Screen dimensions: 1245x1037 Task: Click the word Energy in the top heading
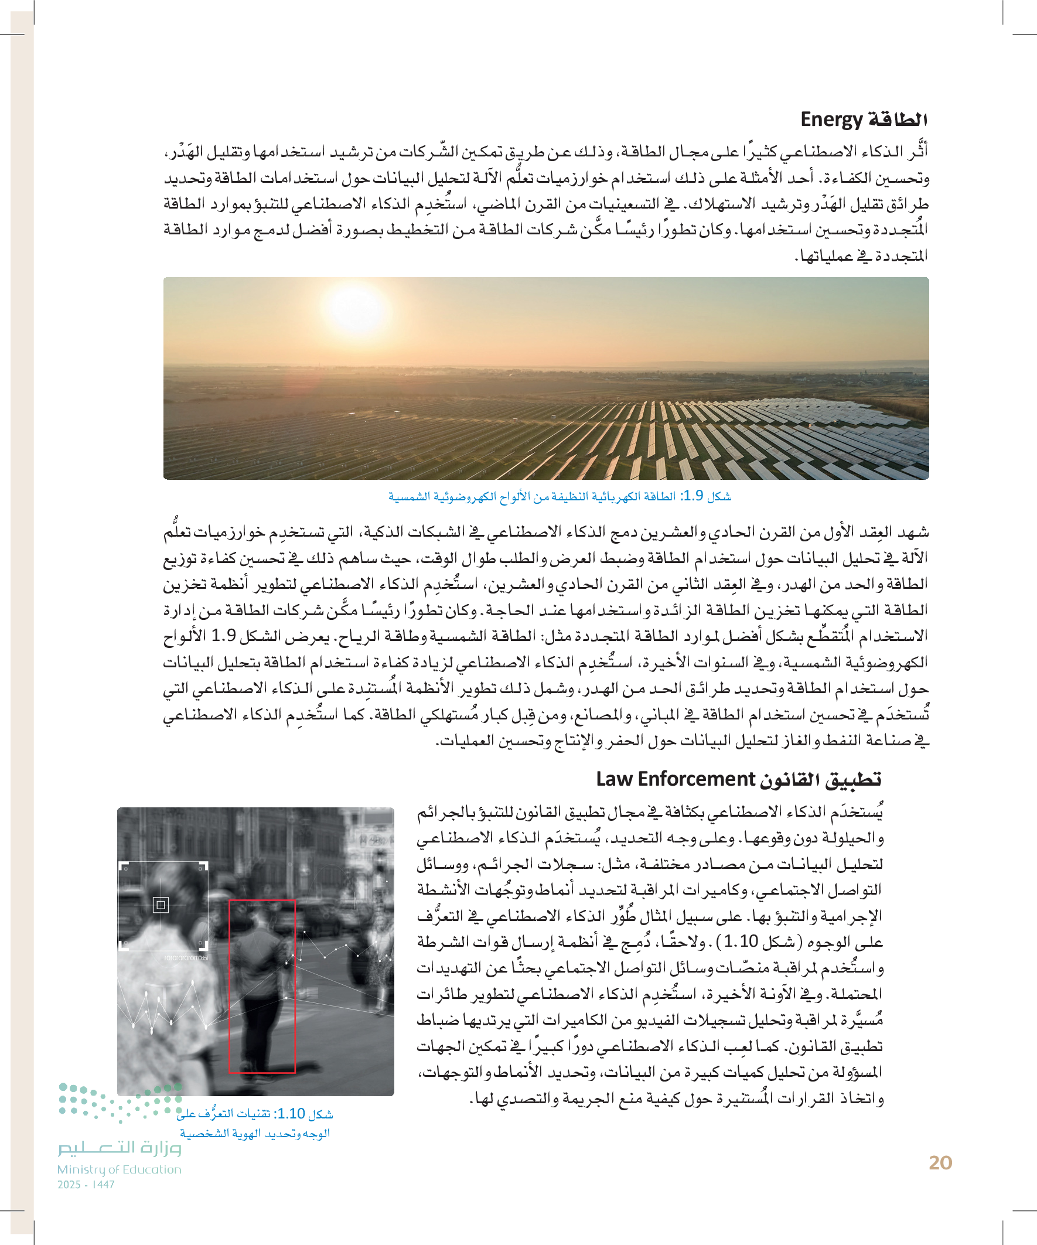point(831,119)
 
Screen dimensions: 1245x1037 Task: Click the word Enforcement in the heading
point(696,779)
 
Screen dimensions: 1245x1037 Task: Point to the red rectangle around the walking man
point(262,987)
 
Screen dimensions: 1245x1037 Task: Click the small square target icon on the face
point(161,905)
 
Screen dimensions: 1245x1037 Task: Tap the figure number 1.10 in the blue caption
point(291,1113)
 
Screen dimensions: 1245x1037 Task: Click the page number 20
point(940,1162)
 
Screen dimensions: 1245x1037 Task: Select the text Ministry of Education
point(119,1169)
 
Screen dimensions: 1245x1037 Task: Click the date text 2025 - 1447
point(86,1184)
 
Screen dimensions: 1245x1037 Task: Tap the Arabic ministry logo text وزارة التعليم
point(119,1148)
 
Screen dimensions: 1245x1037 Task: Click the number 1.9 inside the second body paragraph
point(223,636)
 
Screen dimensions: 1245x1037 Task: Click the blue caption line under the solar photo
point(559,496)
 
